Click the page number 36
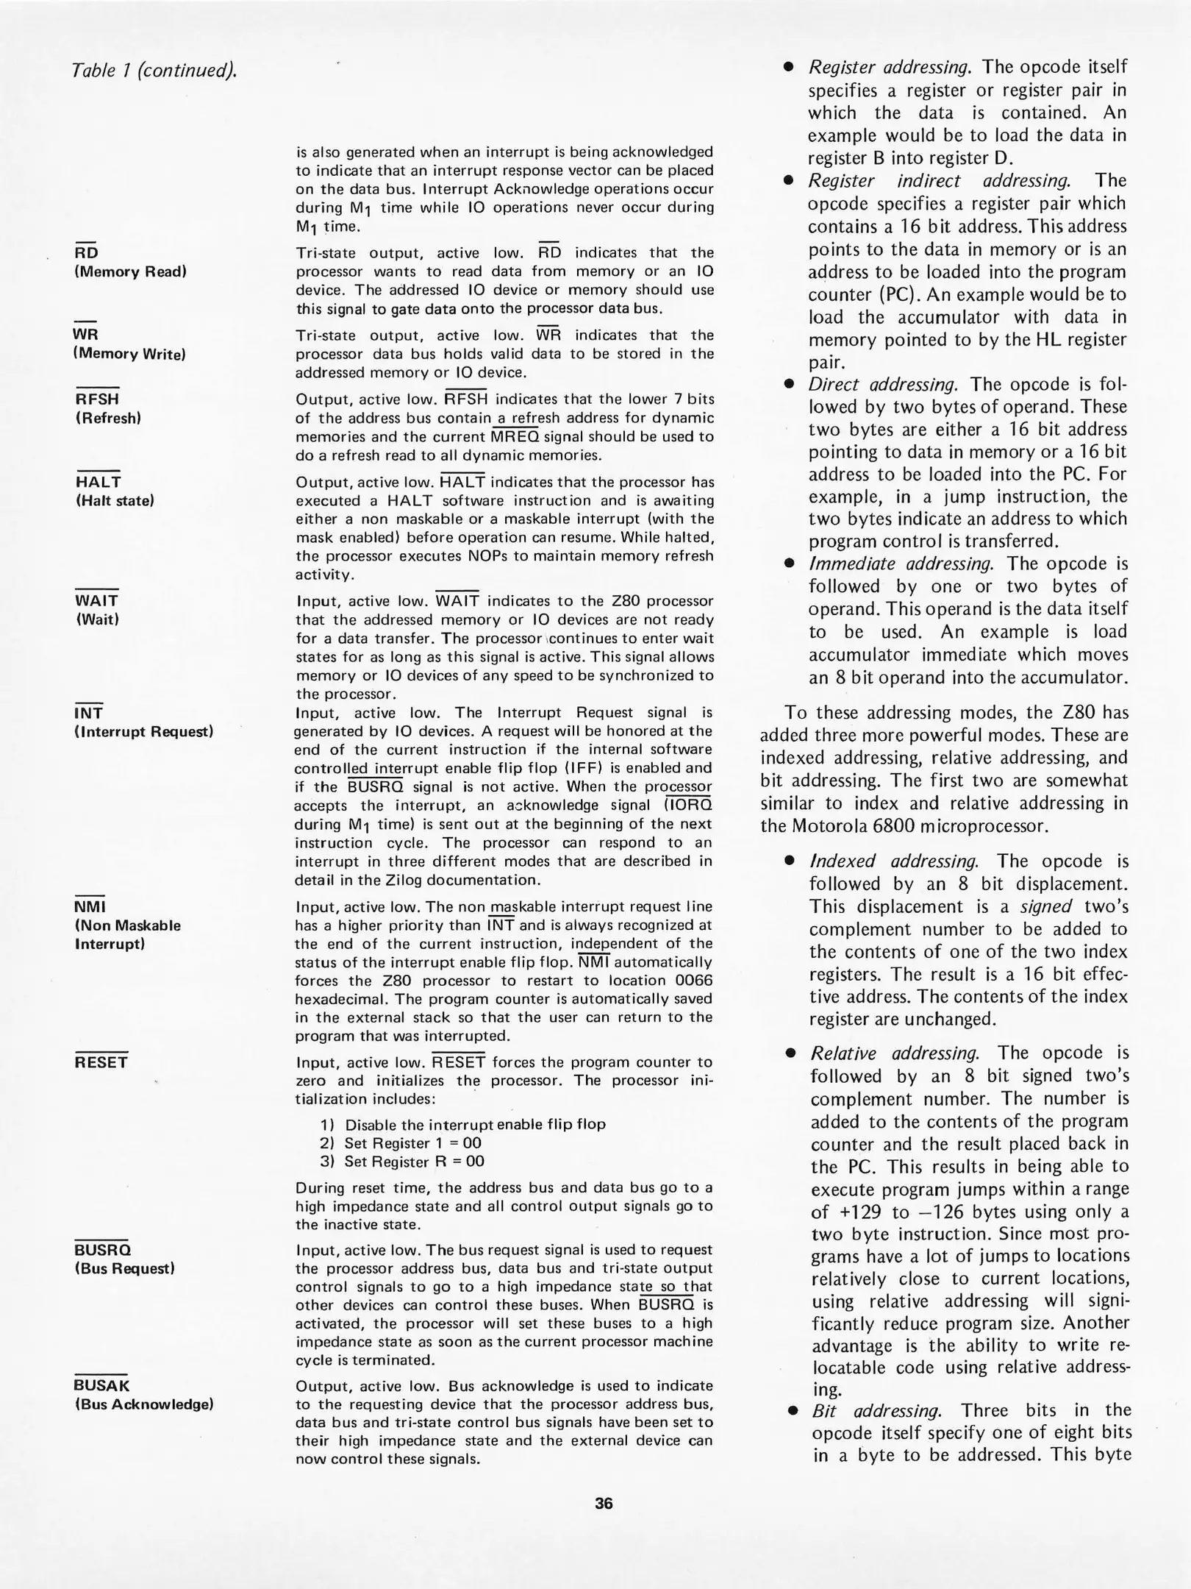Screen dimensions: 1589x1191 tap(603, 1503)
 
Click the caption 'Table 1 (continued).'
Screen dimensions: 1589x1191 tap(154, 71)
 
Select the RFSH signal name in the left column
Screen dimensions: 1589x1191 tap(97, 399)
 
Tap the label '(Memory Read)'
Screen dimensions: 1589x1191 tap(130, 271)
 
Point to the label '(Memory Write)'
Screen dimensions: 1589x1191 tap(129, 354)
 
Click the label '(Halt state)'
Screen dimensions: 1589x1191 tap(114, 501)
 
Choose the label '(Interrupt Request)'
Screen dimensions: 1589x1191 tap(144, 731)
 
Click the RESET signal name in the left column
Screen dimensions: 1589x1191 tap(101, 1062)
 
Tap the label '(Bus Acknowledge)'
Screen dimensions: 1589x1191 tap(144, 1404)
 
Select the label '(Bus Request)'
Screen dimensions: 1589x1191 tap(124, 1268)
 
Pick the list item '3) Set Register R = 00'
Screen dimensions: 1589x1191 tap(402, 1162)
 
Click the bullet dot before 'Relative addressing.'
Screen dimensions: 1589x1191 tap(791, 1053)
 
